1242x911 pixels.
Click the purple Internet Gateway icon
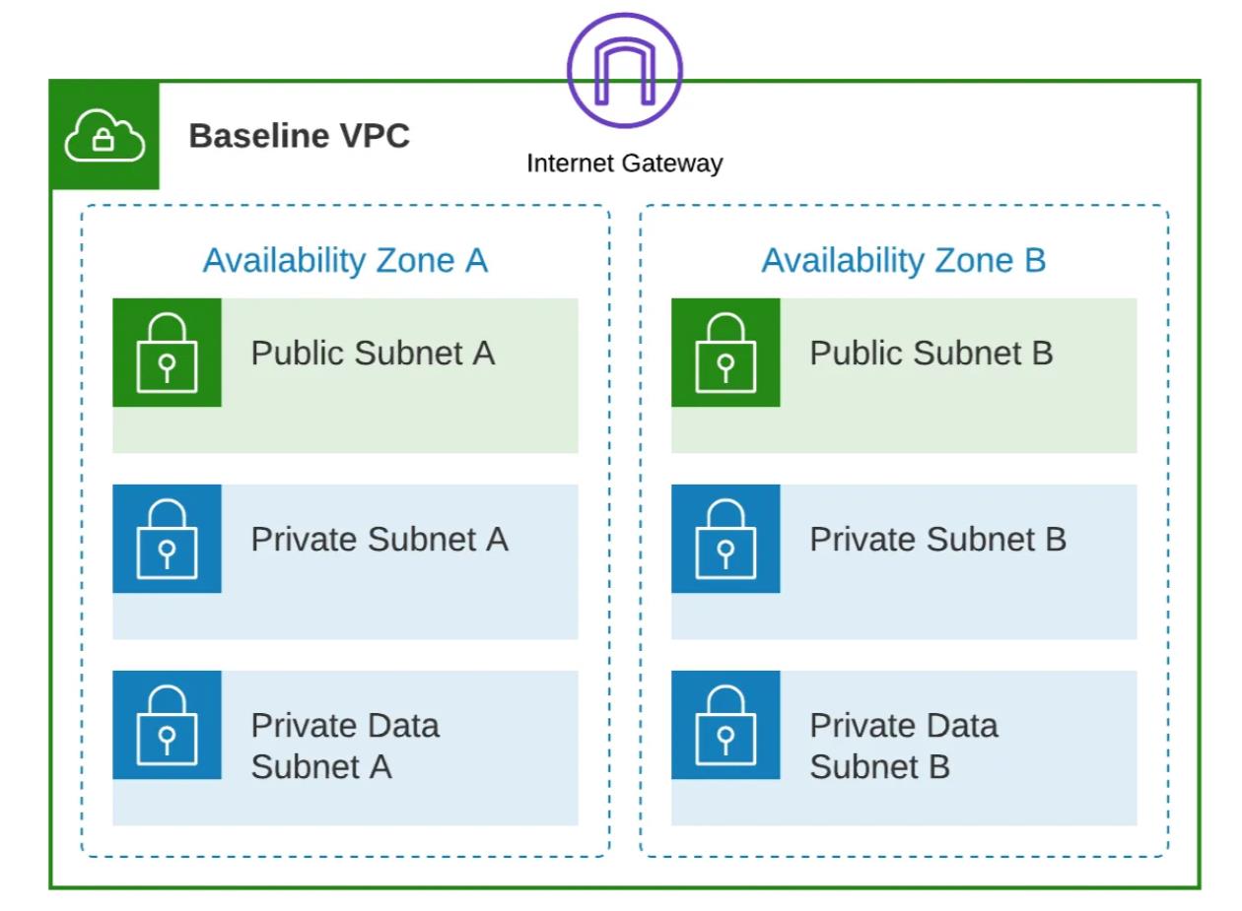[x=624, y=70]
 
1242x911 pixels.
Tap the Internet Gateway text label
[x=624, y=163]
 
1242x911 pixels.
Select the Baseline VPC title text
[x=299, y=137]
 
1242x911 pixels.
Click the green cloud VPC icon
[x=103, y=137]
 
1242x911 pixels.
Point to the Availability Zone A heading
[x=345, y=260]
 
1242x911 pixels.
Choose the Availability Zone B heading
[x=903, y=260]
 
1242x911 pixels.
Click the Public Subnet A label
[x=373, y=353]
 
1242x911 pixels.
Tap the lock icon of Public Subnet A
[x=167, y=353]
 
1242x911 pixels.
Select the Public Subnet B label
[x=931, y=353]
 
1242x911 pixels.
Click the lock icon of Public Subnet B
[x=725, y=353]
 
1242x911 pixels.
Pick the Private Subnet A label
[x=379, y=539]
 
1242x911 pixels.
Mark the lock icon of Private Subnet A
[x=167, y=539]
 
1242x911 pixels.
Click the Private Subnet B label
[x=937, y=539]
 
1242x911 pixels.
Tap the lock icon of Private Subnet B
[x=725, y=539]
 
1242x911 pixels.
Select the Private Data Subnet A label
[x=345, y=746]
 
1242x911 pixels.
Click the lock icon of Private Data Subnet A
[x=167, y=725]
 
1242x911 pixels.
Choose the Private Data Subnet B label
[x=903, y=746]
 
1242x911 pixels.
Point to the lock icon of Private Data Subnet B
[x=725, y=725]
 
